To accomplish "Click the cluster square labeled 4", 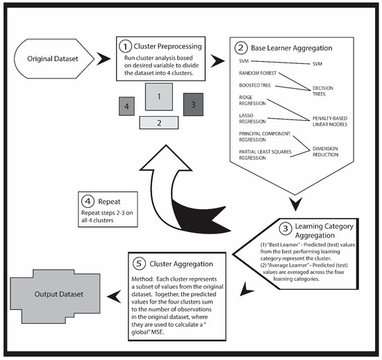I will coord(124,108).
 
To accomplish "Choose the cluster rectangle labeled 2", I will coord(159,123).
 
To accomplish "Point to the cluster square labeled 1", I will coord(159,97).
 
